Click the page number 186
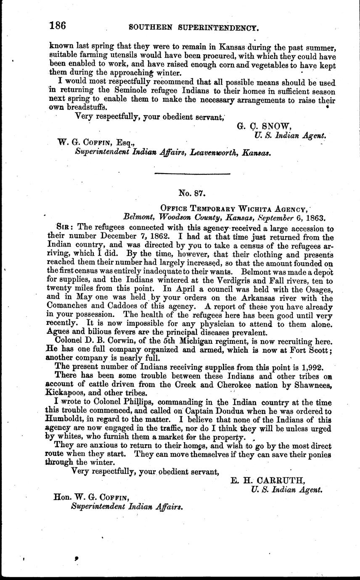(x=58, y=26)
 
